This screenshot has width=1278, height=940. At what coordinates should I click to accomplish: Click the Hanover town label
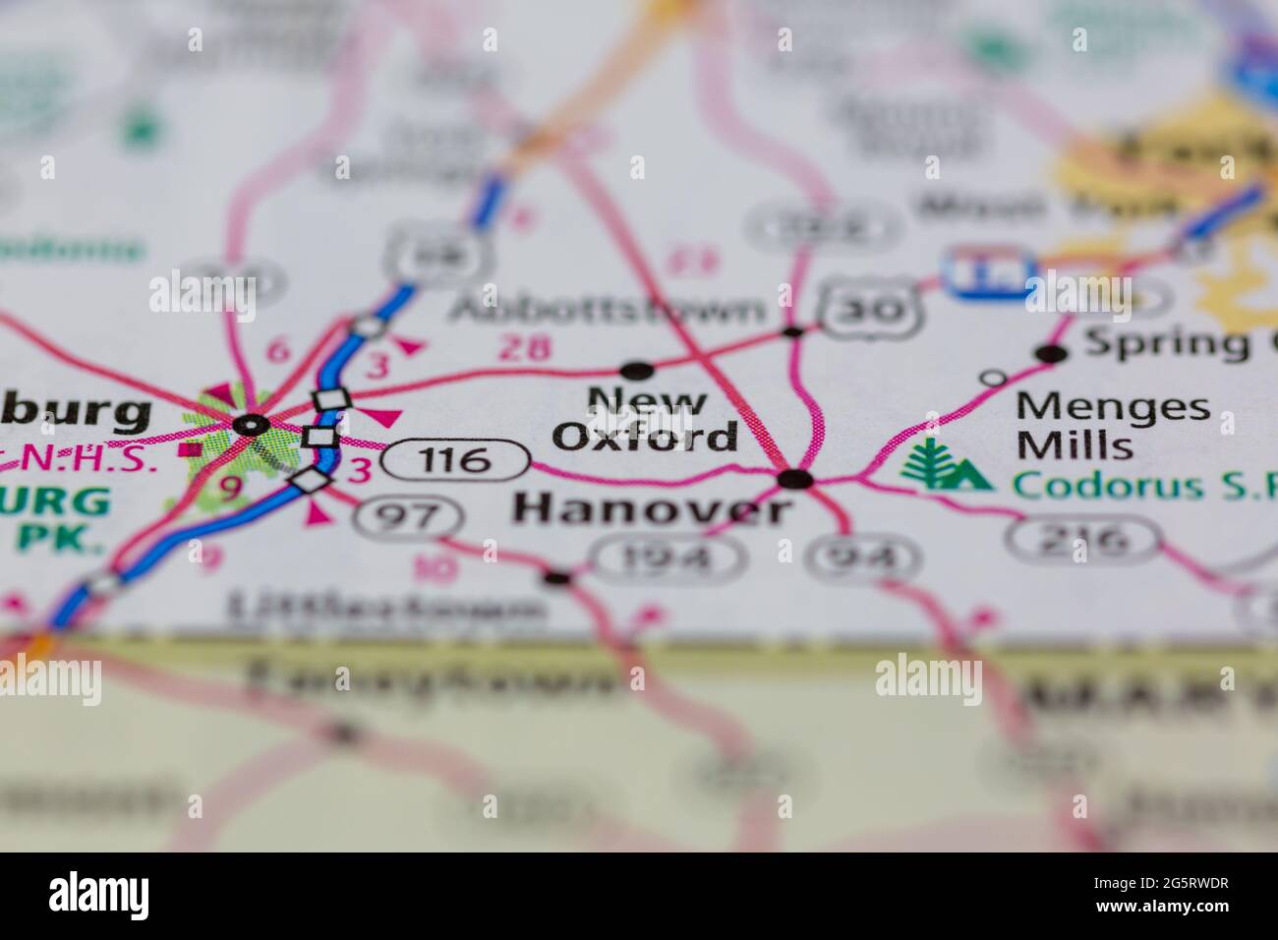(x=653, y=508)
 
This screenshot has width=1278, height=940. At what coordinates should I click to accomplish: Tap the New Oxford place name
(x=646, y=420)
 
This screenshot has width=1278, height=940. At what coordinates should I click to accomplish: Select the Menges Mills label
(x=1112, y=425)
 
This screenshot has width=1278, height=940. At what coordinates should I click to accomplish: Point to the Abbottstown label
(x=607, y=309)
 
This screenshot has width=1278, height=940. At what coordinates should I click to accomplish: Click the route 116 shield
(x=458, y=459)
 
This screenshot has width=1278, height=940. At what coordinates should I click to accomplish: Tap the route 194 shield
(x=668, y=558)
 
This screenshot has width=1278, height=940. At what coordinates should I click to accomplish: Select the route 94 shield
(x=864, y=558)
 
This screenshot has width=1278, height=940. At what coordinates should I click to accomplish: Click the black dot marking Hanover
(x=794, y=479)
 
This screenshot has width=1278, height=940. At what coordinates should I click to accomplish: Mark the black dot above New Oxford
(x=637, y=370)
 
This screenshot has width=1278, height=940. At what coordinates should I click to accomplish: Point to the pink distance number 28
(x=525, y=347)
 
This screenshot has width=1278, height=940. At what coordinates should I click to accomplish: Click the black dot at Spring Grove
(x=1052, y=353)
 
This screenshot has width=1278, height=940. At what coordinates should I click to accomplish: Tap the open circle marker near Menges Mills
(x=995, y=377)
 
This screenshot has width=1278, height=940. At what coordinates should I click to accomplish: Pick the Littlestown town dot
(x=557, y=576)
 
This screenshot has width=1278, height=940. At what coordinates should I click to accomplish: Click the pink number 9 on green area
(x=229, y=488)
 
